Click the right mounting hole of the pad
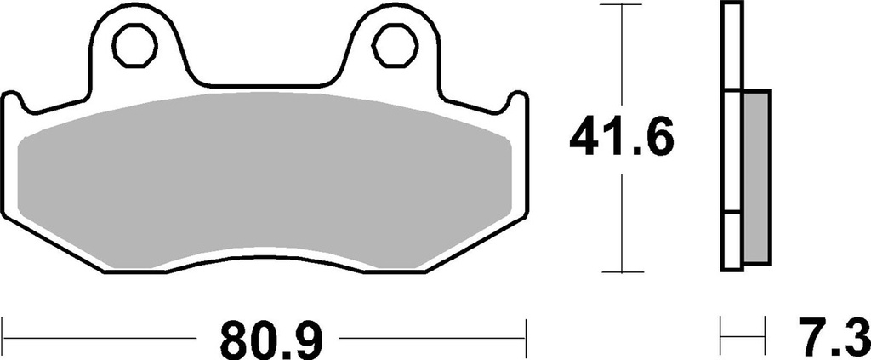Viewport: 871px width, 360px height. tap(392, 48)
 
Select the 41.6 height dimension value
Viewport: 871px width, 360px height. tap(622, 139)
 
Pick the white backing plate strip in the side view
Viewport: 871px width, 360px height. tap(731, 136)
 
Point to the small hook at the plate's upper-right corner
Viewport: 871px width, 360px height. tap(515, 100)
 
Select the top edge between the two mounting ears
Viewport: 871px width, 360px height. tap(264, 85)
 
